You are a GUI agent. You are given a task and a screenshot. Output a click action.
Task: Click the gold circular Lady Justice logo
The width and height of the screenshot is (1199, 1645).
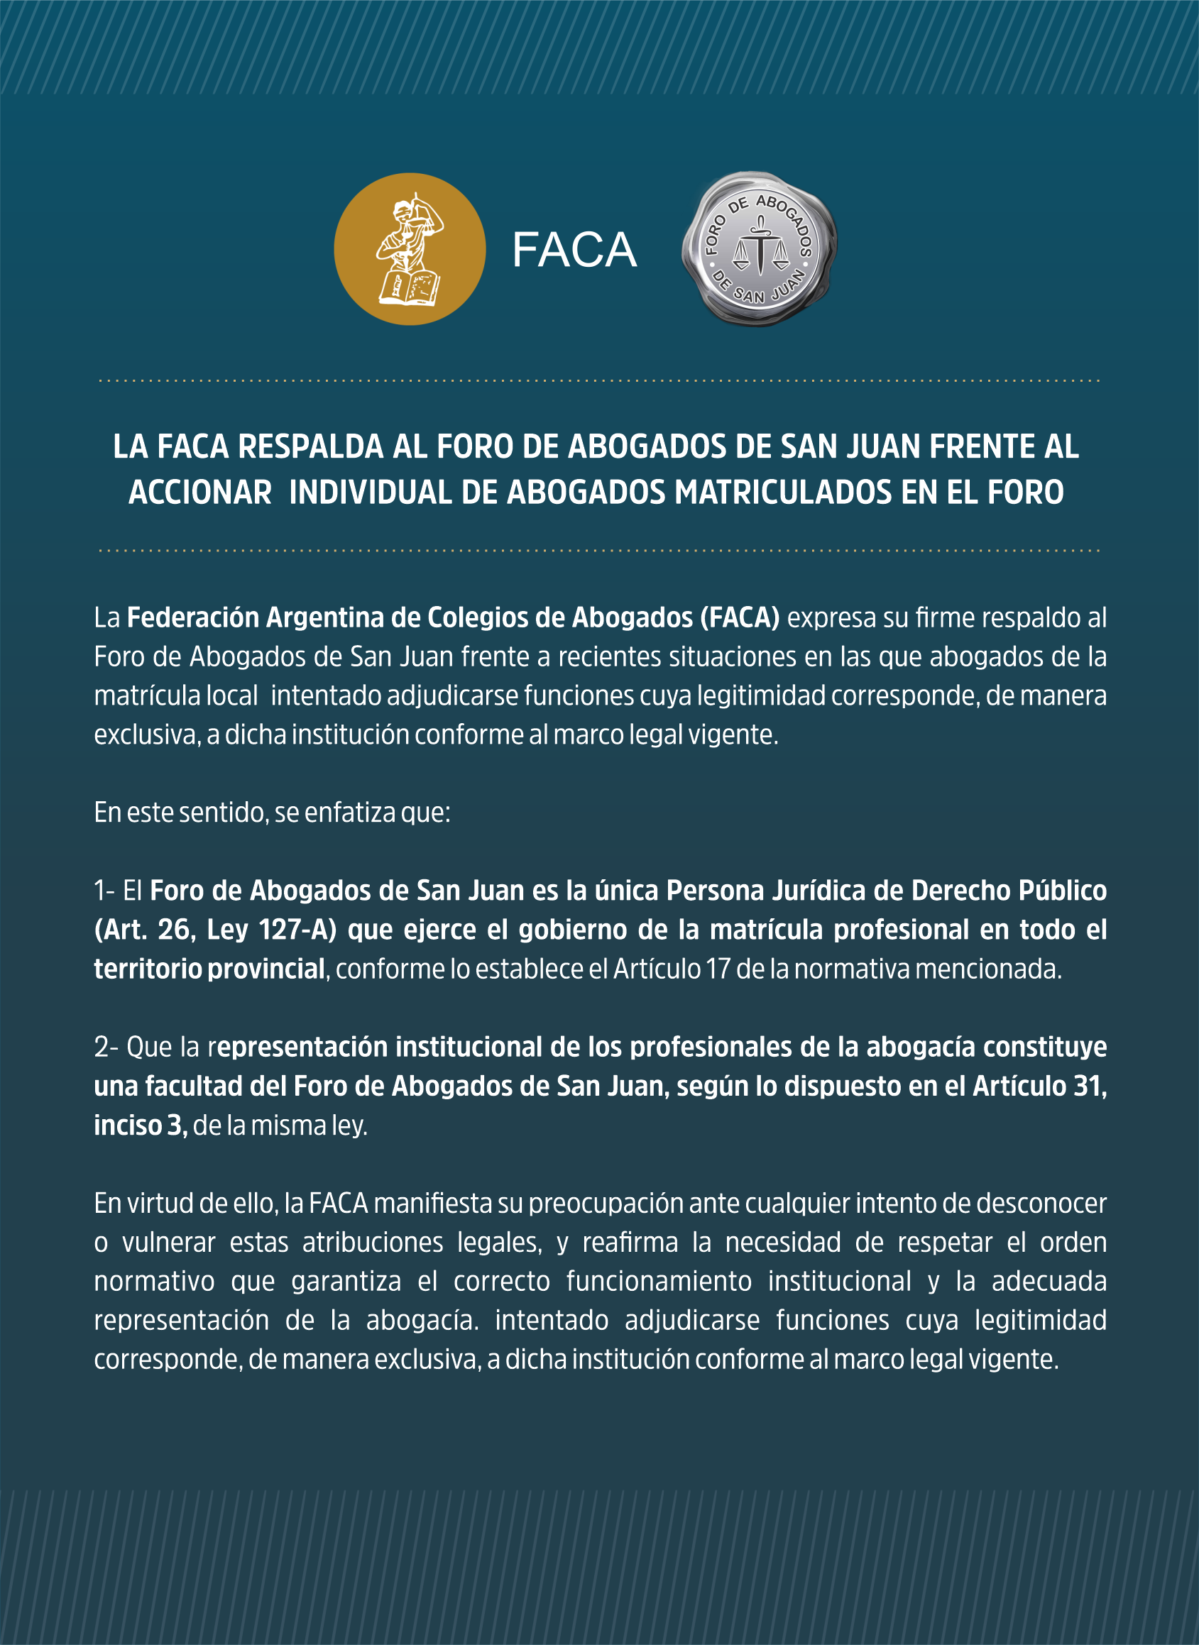(410, 249)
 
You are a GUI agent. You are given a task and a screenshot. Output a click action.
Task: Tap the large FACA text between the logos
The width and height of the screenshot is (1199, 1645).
(574, 251)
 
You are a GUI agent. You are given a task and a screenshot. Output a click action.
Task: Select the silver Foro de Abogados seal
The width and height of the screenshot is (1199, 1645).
(759, 249)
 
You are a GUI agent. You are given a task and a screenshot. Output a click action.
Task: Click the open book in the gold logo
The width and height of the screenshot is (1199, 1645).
(409, 287)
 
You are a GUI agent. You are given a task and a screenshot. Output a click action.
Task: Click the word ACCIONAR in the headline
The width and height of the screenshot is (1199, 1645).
(200, 493)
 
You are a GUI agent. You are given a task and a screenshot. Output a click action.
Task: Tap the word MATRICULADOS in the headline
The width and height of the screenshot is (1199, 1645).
(784, 493)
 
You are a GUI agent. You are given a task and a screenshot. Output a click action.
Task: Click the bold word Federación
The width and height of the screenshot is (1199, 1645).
(193, 617)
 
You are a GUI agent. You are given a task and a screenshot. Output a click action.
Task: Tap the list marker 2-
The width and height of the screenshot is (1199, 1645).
(106, 1047)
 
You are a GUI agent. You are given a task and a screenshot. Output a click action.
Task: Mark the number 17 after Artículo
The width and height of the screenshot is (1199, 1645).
(718, 969)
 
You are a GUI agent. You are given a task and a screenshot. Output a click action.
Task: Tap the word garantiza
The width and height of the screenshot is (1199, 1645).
(346, 1282)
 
